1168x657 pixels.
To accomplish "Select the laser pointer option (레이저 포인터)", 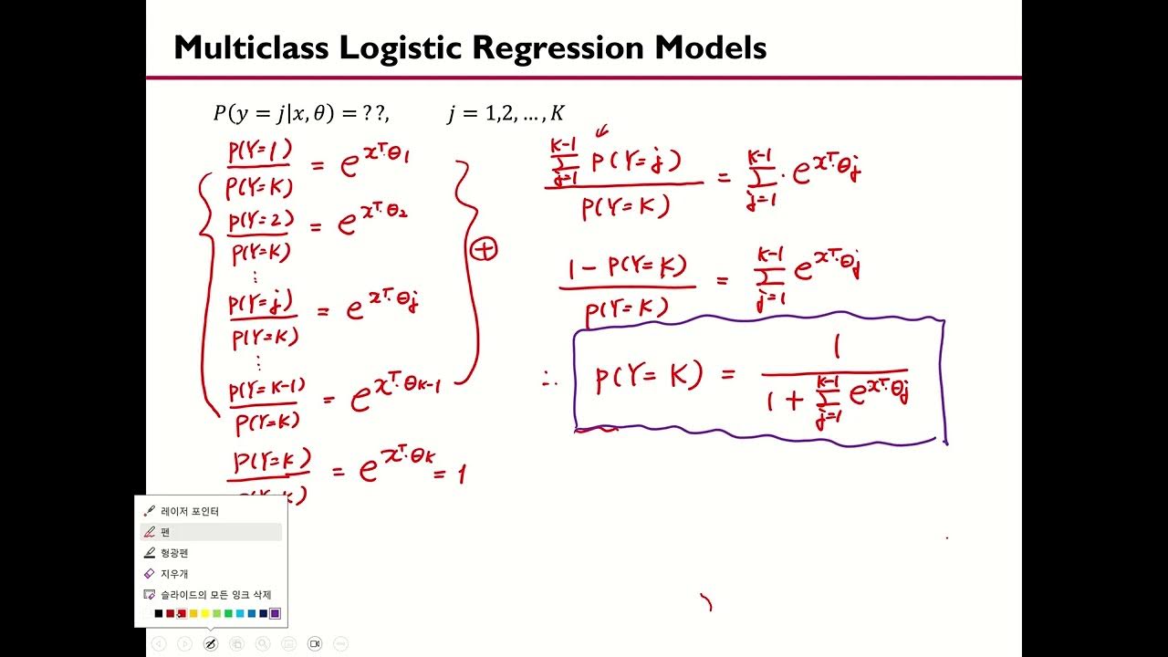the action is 190,511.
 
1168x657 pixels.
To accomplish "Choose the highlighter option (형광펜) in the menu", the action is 174,553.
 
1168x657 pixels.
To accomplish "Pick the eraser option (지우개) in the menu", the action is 174,574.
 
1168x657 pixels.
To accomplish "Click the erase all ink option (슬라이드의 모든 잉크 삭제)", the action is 215,594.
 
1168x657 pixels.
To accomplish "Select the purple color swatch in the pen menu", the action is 275,613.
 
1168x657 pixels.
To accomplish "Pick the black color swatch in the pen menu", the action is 159,613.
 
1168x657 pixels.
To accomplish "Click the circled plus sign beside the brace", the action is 485,248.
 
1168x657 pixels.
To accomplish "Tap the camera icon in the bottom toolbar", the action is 315,643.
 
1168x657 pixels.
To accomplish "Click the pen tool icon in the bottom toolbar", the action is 210,643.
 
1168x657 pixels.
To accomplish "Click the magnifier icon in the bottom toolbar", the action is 263,643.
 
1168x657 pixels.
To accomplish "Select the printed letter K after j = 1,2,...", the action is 558,113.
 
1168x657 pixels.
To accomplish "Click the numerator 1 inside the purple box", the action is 837,349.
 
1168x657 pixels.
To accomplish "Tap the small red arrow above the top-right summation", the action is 602,134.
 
